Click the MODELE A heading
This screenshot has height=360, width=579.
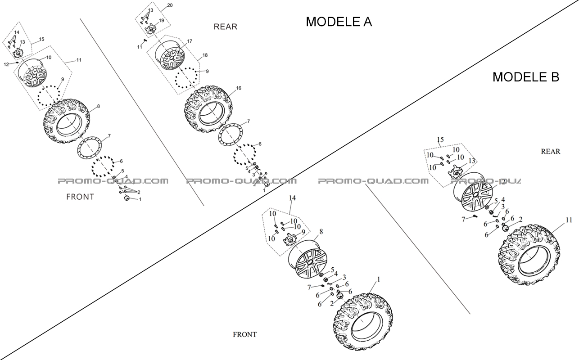tap(339, 22)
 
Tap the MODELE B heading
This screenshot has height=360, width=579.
tap(525, 77)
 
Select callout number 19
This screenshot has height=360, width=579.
tap(162, 21)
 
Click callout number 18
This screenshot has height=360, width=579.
tap(205, 55)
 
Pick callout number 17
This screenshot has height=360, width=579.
tap(190, 41)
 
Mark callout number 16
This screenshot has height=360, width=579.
tap(239, 88)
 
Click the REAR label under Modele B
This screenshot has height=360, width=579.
tap(550, 152)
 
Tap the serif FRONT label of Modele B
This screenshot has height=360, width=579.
tap(244, 334)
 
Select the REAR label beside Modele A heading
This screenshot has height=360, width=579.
tap(225, 27)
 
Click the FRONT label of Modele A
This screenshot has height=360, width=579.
tap(80, 197)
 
